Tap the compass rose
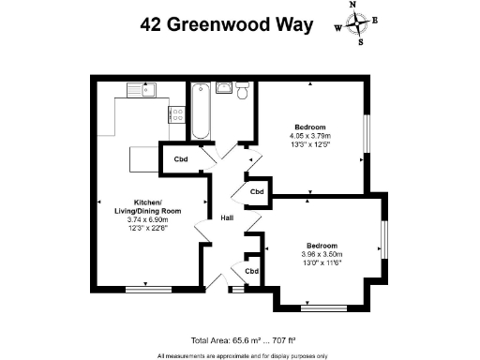tap(357, 23)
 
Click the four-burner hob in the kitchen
tap(176, 114)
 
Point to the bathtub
tap(200, 112)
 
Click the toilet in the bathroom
tap(242, 91)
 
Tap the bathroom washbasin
tap(224, 88)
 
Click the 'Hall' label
tap(227, 218)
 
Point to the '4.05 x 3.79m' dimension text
tap(309, 136)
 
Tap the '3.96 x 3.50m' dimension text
tap(322, 254)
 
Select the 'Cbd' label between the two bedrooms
tap(256, 192)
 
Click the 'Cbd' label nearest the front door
tap(251, 271)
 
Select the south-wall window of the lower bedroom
tap(324, 307)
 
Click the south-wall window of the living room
tap(148, 289)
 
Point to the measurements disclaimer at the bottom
tap(242, 355)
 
